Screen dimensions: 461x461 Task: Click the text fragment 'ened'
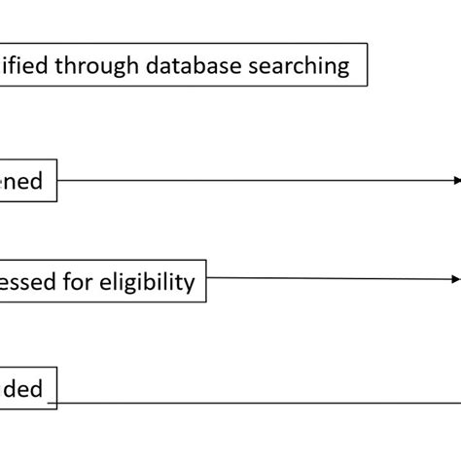coord(21,181)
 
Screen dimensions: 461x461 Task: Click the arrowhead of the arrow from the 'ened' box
coord(455,181)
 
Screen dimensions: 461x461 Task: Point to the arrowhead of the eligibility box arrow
coord(455,279)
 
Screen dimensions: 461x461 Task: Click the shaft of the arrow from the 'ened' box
coord(253,181)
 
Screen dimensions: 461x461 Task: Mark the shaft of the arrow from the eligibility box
coord(331,279)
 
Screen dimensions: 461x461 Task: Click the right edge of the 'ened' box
coord(56,182)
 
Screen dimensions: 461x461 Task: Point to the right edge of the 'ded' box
coord(56,389)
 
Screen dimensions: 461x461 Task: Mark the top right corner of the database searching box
coord(367,43)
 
